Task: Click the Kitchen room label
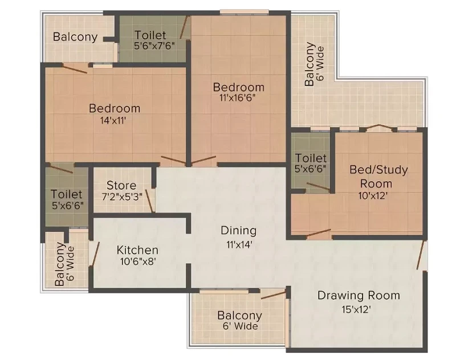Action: pos(137,250)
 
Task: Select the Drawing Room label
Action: pos(359,295)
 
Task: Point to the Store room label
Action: pos(121,185)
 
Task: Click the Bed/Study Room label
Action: pos(378,177)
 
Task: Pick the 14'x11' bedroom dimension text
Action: pos(113,120)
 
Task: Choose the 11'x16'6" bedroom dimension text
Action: pos(238,97)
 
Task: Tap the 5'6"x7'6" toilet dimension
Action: pos(154,46)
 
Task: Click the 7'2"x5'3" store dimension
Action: pos(122,197)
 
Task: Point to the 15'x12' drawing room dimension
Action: pos(356,309)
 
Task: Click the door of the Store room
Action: pos(149,201)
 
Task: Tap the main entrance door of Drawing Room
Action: pos(420,255)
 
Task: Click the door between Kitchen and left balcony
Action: pos(95,253)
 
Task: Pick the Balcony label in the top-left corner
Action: pos(75,37)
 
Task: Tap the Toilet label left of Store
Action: pos(67,194)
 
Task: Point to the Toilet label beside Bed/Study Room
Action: pos(311,158)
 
